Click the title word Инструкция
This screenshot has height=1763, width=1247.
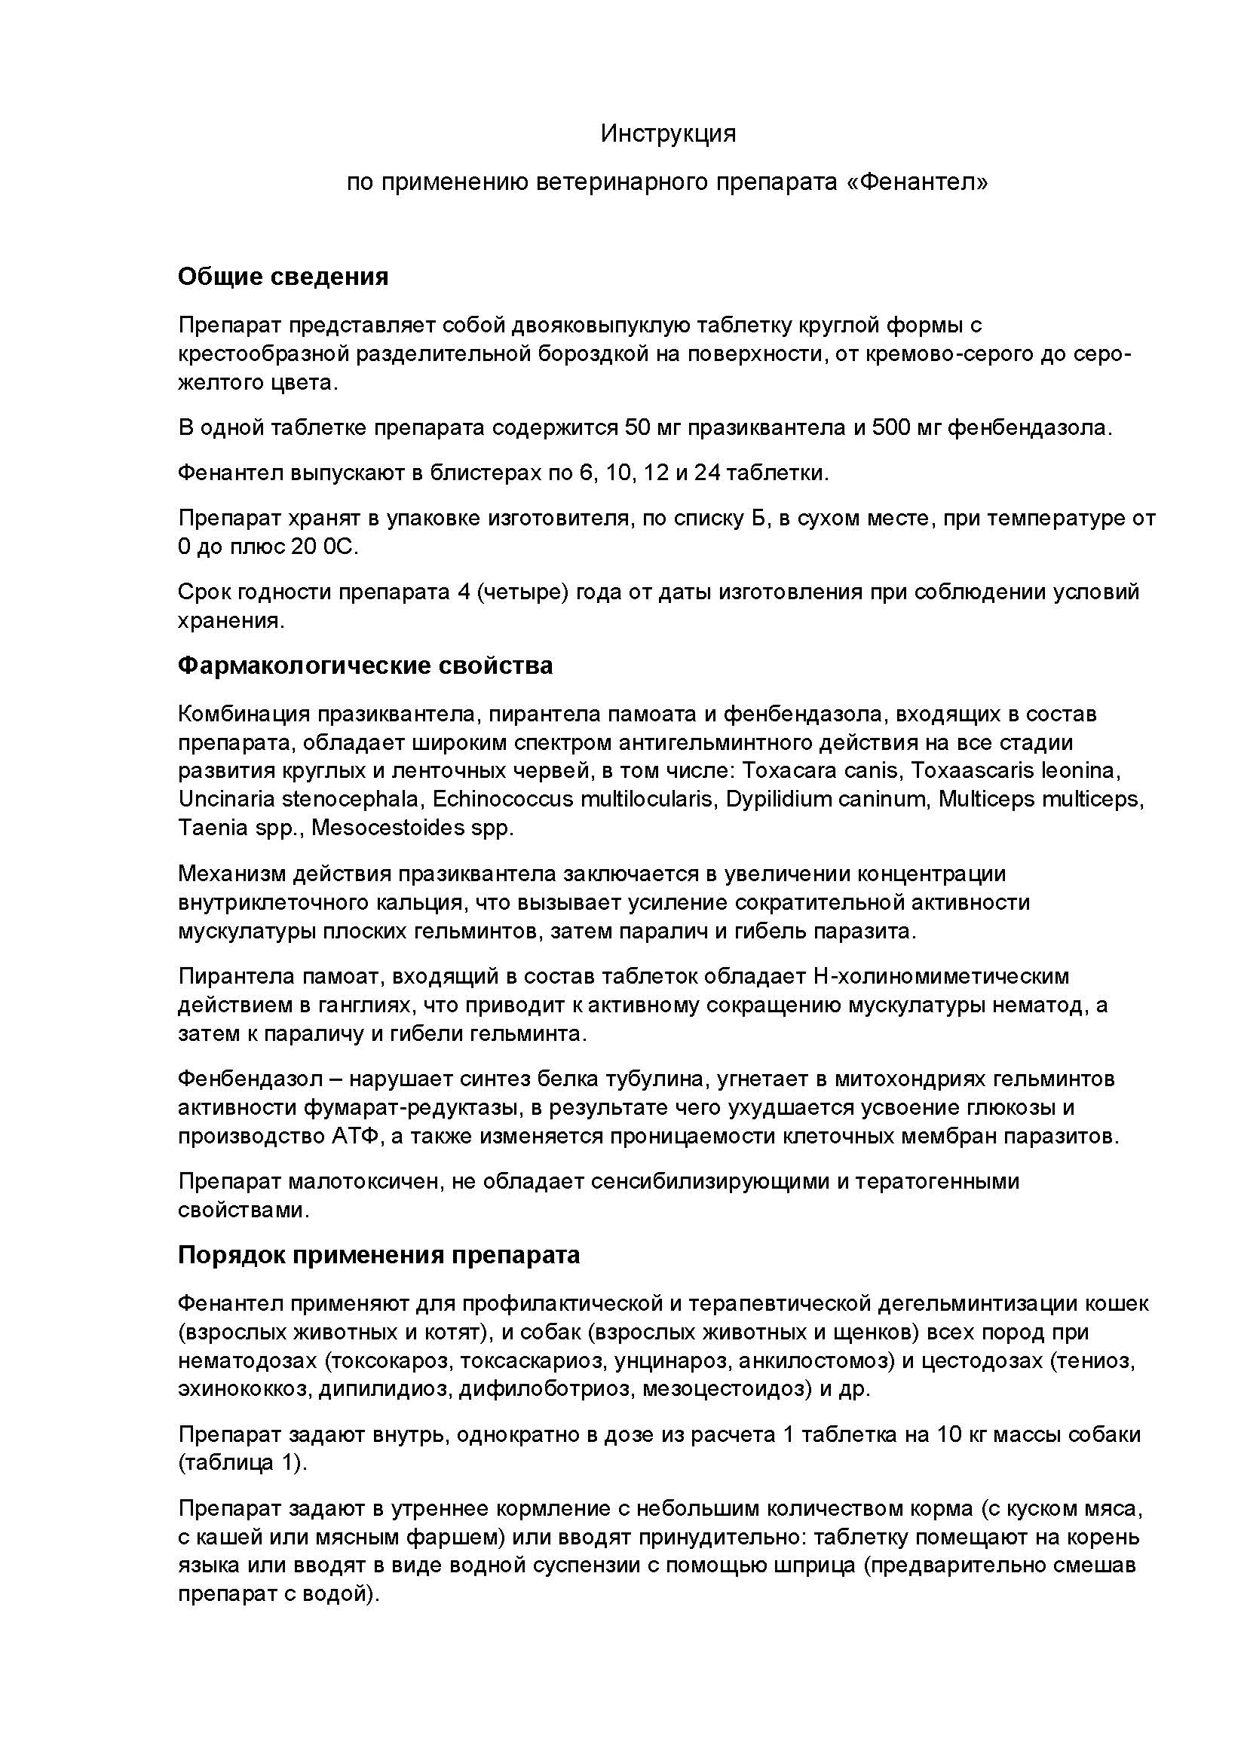[668, 134]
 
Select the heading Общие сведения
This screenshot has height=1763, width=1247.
[283, 277]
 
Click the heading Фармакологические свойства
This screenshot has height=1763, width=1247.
[365, 665]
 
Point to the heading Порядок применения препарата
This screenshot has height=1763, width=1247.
[378, 1255]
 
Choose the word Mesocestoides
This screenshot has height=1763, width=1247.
[386, 828]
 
